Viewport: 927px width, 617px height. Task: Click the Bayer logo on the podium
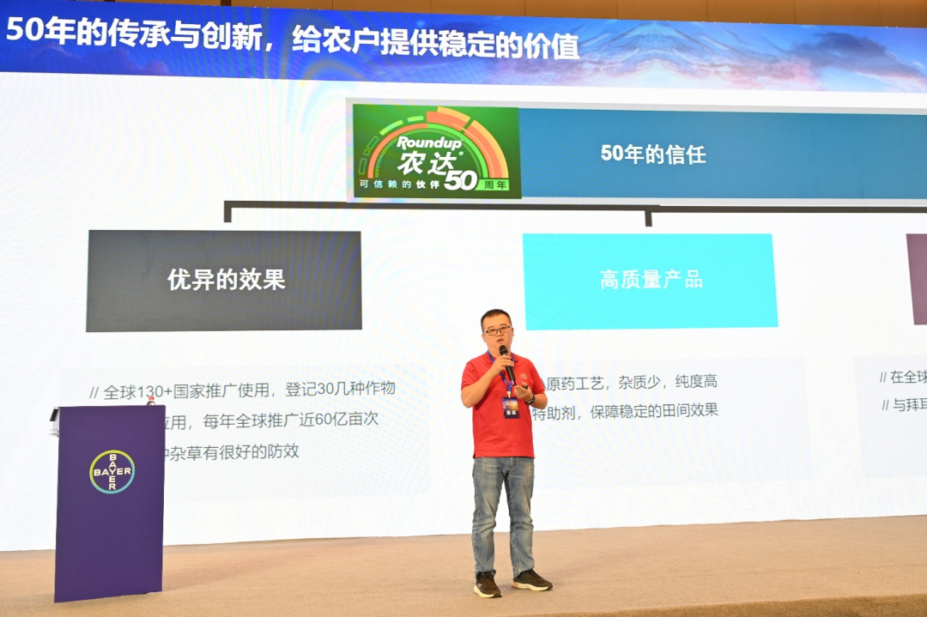point(112,471)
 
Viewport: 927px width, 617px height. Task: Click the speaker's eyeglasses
point(497,330)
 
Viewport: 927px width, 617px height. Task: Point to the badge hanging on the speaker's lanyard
point(512,407)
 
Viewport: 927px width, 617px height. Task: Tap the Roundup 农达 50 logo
point(436,152)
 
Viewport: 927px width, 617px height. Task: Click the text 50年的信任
point(652,154)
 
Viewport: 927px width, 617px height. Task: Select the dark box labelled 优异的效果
point(224,280)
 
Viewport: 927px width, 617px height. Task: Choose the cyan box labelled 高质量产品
point(650,280)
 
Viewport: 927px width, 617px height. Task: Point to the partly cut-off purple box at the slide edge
point(916,279)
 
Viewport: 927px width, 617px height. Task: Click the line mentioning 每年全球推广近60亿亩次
point(275,420)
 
